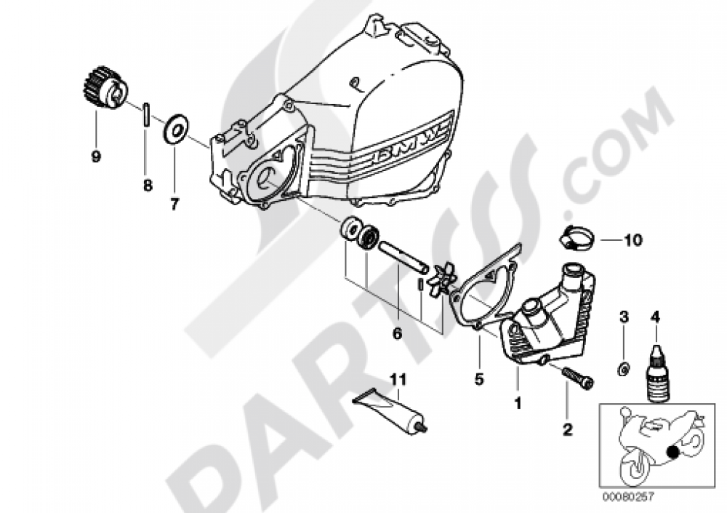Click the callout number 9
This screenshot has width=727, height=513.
coord(96,156)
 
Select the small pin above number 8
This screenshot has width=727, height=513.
coord(145,115)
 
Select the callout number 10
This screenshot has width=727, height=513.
coord(632,240)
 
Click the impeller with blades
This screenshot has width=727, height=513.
coord(442,279)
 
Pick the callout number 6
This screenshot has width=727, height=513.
coord(397,334)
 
